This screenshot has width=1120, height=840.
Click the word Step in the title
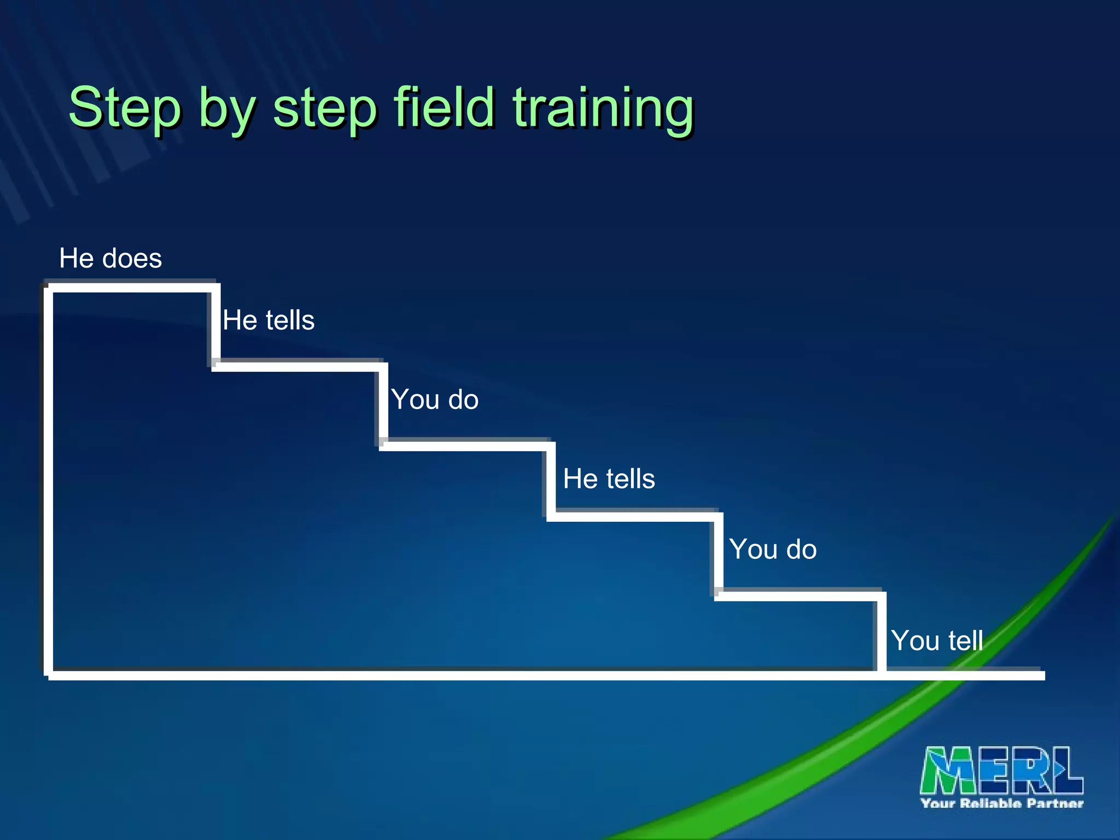click(125, 108)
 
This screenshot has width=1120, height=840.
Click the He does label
click(110, 258)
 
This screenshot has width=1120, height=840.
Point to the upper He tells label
click(269, 320)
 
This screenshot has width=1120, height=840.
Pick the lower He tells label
click(609, 479)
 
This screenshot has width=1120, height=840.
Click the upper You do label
click(435, 399)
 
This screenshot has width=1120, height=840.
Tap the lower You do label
click(773, 549)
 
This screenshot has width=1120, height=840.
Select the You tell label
click(937, 640)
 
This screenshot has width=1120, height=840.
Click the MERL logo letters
click(1001, 770)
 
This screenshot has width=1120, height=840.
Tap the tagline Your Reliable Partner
click(1001, 803)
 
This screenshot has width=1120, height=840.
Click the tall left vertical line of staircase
click(49, 481)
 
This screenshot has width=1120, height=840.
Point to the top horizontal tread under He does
click(131, 288)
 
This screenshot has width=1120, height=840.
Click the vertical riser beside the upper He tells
click(217, 326)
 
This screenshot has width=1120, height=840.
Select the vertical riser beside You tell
click(882, 634)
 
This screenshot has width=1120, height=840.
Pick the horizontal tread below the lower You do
click(798, 596)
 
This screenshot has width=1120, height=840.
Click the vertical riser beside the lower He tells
click(551, 480)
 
